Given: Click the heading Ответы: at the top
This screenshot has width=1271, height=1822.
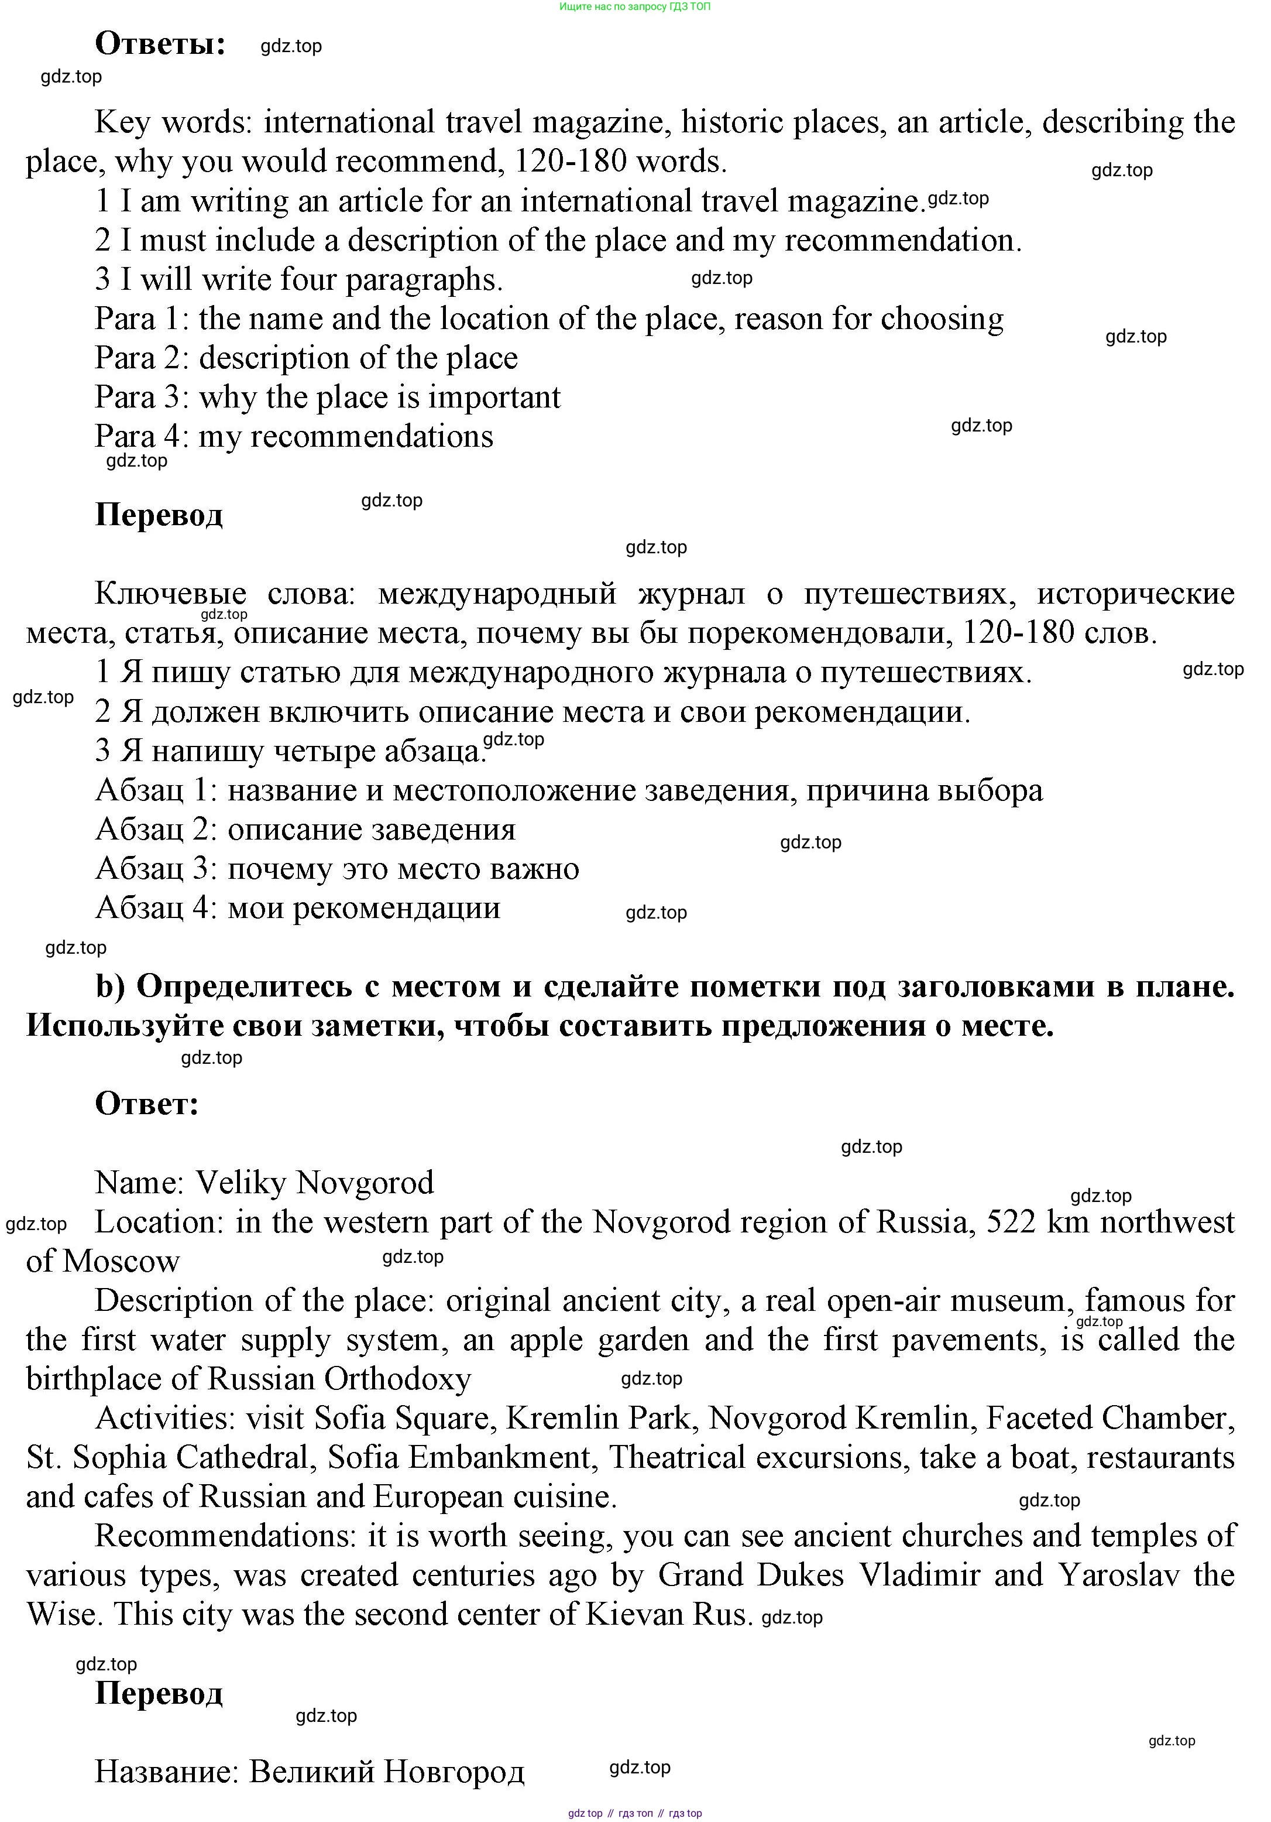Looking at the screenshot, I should (160, 44).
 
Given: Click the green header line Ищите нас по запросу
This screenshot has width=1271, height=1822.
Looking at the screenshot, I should (635, 7).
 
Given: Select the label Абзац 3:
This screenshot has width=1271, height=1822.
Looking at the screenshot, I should (156, 869).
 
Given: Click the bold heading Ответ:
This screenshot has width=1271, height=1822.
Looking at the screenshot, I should (147, 1104).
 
